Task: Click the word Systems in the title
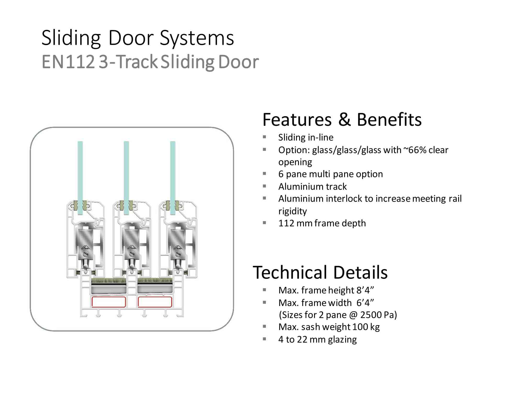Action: click(x=197, y=38)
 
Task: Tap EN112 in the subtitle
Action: click(x=68, y=62)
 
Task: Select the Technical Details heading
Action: click(x=320, y=272)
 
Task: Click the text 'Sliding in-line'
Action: click(x=306, y=137)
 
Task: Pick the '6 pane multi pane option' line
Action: click(x=331, y=174)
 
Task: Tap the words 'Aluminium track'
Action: click(x=312, y=187)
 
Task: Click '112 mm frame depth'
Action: click(x=322, y=223)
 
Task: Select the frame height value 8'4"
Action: click(x=365, y=290)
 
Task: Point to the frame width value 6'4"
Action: click(x=365, y=303)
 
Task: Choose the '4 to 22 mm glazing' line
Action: click(x=317, y=340)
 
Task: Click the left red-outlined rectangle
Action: click(x=109, y=302)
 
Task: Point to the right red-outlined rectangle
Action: click(x=155, y=302)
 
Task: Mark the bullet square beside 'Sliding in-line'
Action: click(x=264, y=137)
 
